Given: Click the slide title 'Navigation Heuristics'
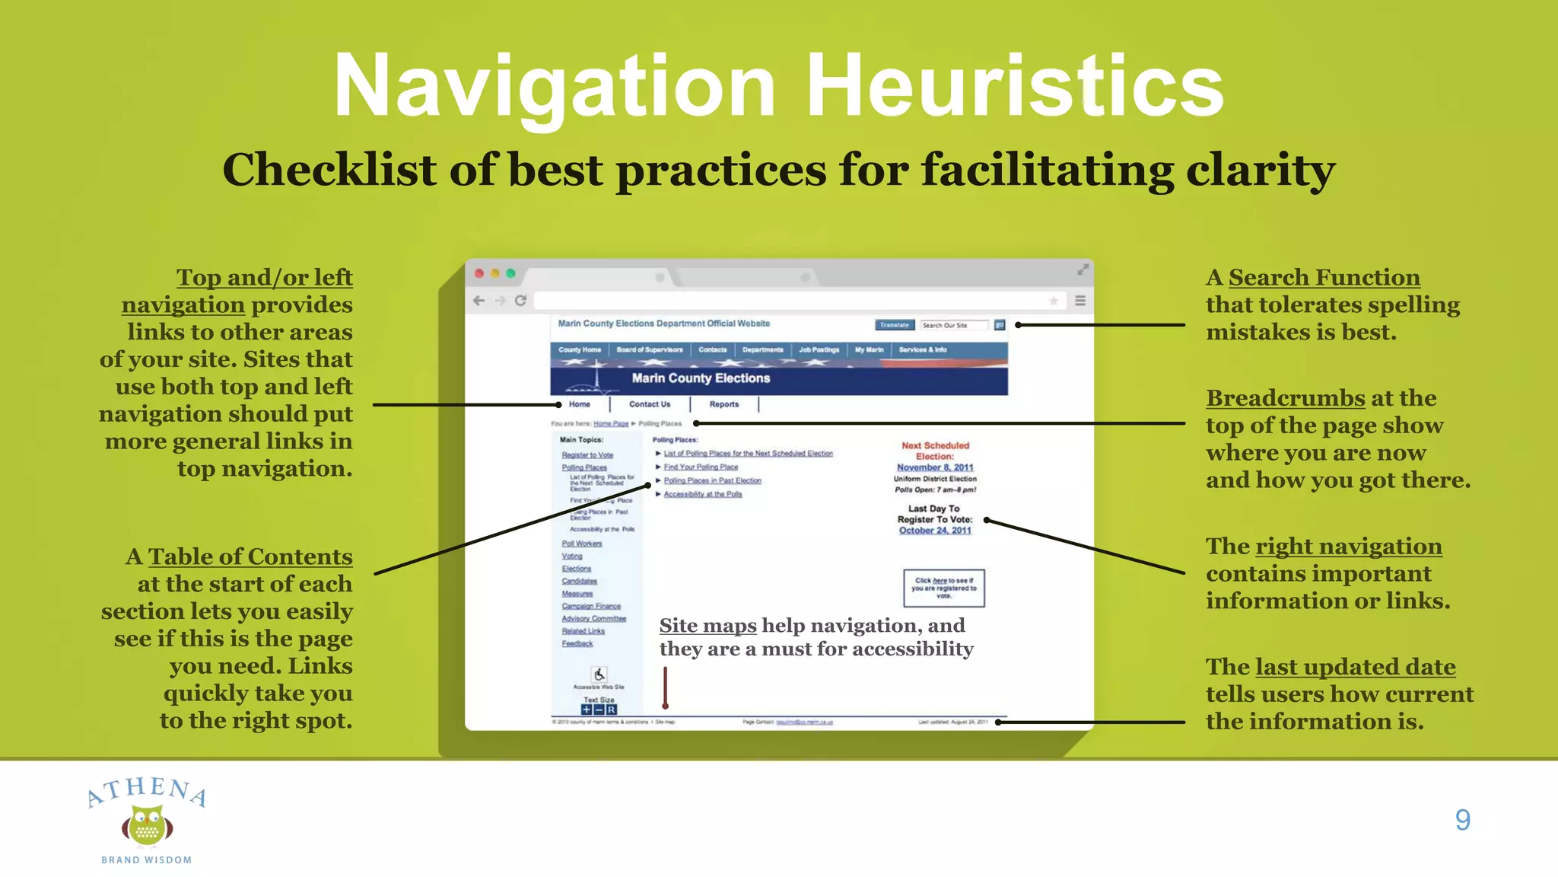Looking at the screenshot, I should tap(778, 85).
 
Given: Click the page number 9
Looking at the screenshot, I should tap(1462, 820).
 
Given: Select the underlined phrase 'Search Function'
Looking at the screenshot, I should tap(1324, 278).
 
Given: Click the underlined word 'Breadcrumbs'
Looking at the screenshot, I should tap(1285, 398).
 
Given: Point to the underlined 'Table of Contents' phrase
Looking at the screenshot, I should tap(250, 557).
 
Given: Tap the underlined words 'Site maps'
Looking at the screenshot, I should tap(707, 626).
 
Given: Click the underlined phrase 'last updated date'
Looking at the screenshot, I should tap(1355, 668).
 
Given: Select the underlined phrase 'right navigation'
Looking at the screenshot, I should tap(1348, 547).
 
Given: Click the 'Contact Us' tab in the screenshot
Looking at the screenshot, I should tap(650, 404).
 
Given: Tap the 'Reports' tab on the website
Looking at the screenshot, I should tap(723, 404).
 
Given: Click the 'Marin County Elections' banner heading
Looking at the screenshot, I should tap(701, 378).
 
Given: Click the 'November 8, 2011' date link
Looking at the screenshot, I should tap(935, 467).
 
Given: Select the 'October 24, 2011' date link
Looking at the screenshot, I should tap(935, 531).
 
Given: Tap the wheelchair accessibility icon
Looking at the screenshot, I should tap(599, 674).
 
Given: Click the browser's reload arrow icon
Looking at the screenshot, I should tap(520, 301).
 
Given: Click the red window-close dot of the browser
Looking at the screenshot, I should tap(479, 273).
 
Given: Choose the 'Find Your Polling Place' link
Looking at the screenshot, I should tap(701, 467).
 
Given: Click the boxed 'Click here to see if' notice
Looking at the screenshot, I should tap(943, 588).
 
